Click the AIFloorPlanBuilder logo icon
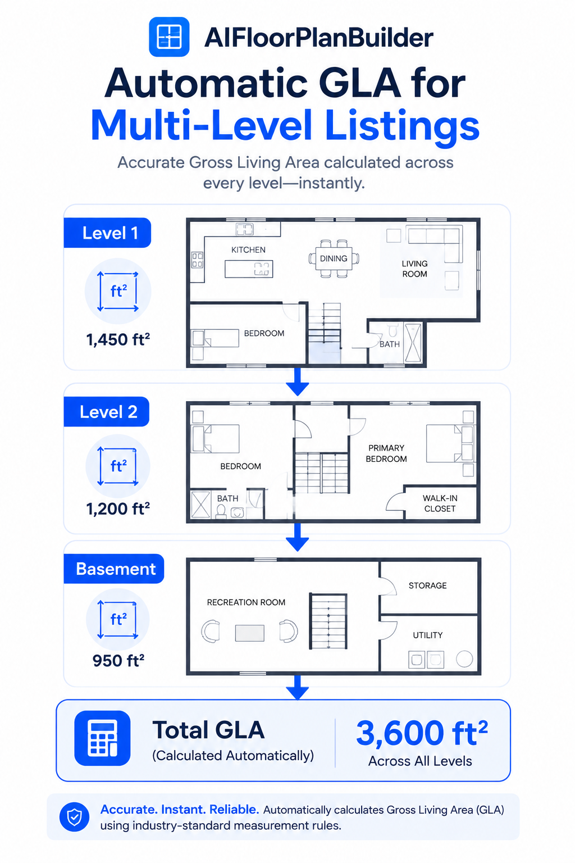(x=168, y=37)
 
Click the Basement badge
(x=114, y=569)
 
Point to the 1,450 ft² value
(x=118, y=339)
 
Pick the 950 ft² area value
(x=118, y=660)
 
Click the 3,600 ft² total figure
(x=422, y=733)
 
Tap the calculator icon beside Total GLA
(x=102, y=738)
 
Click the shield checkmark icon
(x=74, y=817)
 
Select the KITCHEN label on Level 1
(x=248, y=249)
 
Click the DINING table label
(x=334, y=258)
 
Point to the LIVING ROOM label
(x=415, y=269)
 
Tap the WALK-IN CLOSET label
(x=440, y=503)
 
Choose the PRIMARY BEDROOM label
(x=386, y=453)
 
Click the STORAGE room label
(x=427, y=585)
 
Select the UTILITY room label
(x=427, y=635)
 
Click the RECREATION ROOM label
(x=246, y=602)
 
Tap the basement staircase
(x=328, y=621)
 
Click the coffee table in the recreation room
(x=249, y=633)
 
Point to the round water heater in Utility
(x=464, y=659)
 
